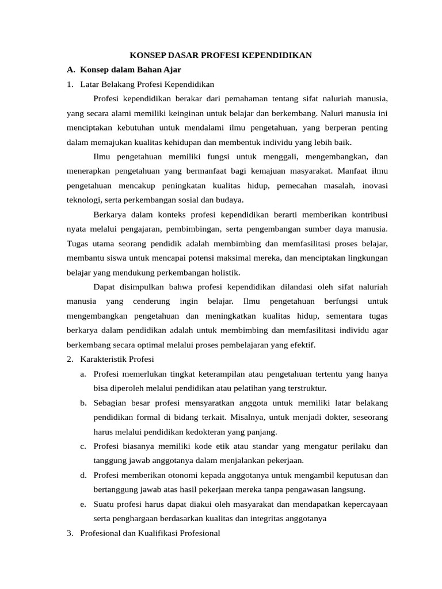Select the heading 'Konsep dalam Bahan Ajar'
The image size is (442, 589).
[x=131, y=70]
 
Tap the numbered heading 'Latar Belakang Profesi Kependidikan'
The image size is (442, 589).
[x=147, y=85]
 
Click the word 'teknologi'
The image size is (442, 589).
[x=82, y=200]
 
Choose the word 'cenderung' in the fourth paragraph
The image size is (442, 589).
[x=151, y=301]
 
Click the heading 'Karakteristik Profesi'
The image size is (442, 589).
[x=117, y=359]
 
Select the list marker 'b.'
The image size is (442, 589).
[x=83, y=403]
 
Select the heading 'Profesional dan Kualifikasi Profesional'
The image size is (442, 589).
[x=150, y=533]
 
